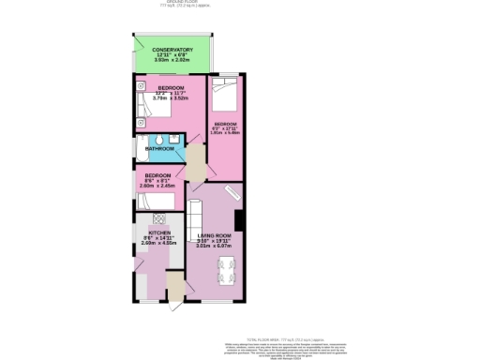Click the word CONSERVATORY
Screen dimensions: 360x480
pos(172,49)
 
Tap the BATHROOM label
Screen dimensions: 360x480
pos(159,148)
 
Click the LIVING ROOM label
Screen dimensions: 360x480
pos(215,234)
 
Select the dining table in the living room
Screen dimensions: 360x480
pos(225,274)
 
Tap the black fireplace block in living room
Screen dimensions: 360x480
pos(240,221)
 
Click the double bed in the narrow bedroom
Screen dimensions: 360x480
pos(225,94)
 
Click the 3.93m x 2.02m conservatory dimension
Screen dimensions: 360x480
pos(172,60)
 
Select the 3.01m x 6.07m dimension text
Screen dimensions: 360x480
pos(215,246)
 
